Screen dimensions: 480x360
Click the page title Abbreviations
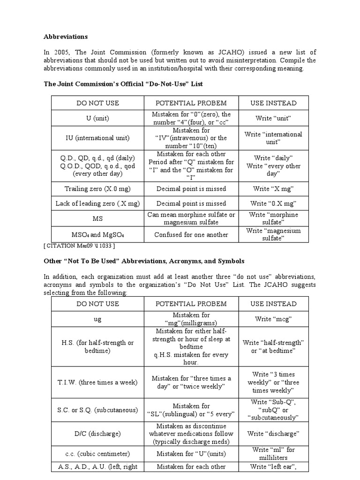66,37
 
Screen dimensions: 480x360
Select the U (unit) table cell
97,118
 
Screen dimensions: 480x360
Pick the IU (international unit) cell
97,138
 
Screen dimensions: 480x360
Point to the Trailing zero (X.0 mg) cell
97,189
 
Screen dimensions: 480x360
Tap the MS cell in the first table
97,219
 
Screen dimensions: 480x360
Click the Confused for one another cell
191,235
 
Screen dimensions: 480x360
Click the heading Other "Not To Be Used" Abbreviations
144,261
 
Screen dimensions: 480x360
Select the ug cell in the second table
97,319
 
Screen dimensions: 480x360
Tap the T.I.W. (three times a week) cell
97,382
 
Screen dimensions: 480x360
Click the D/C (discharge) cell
97,434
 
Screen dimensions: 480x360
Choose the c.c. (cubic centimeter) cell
97,453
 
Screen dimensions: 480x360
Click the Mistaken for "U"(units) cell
191,453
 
